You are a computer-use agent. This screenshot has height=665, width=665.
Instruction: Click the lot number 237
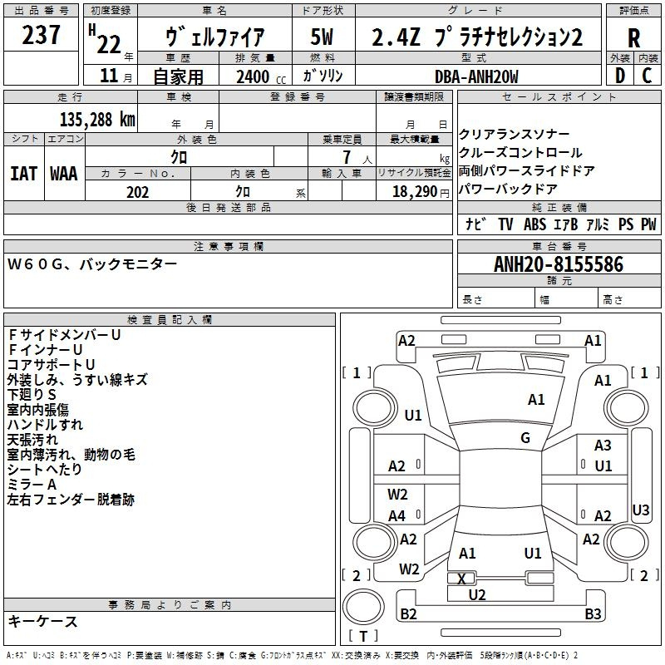[42, 35]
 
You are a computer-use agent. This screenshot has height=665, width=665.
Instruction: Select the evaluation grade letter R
[633, 39]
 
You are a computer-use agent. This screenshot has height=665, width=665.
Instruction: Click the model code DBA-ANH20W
[476, 76]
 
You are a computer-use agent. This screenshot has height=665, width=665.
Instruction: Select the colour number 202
[137, 192]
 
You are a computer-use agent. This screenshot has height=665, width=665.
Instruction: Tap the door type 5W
[323, 37]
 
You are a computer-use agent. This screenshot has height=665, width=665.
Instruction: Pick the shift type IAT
[24, 174]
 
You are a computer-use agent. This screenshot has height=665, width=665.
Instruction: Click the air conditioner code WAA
[64, 174]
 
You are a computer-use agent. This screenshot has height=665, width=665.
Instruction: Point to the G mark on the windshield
[525, 438]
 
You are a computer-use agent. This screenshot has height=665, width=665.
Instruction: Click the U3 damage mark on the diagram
[641, 510]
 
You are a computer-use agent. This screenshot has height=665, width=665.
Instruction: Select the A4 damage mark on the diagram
[397, 516]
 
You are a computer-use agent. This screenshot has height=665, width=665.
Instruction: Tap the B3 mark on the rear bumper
[593, 614]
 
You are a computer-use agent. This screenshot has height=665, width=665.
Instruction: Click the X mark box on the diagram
[462, 579]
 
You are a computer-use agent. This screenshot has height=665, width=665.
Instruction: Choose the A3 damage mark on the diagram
[603, 446]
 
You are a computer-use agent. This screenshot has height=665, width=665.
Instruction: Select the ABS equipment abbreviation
[534, 224]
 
